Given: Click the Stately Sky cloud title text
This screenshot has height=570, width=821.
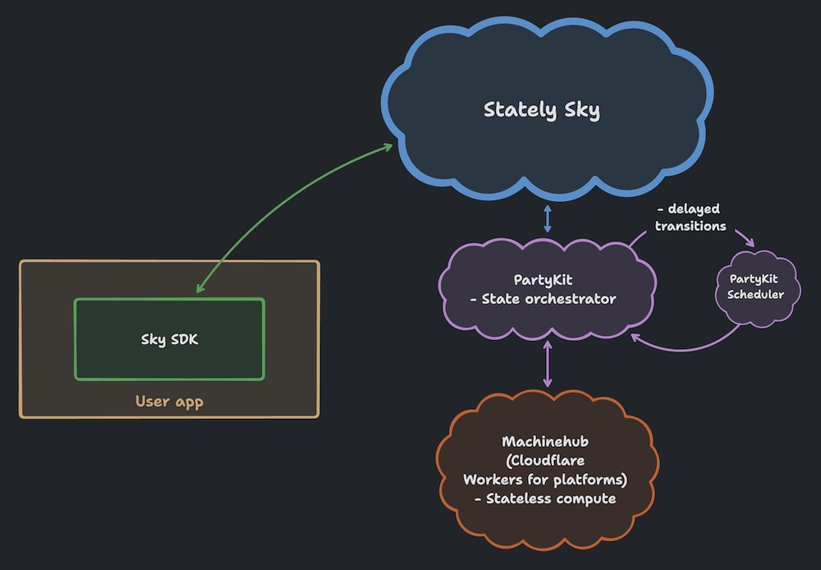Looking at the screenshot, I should (542, 110).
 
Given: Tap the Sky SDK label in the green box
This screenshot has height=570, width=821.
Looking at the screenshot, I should (169, 339).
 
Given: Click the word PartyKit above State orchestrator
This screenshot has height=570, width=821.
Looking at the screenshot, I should (542, 281).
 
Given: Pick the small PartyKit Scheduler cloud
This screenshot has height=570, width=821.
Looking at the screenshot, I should (756, 287).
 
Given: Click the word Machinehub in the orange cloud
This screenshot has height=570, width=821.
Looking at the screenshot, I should (545, 443).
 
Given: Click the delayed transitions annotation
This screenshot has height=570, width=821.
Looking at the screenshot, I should (690, 218).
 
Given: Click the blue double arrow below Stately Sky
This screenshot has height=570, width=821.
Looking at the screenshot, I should (548, 219).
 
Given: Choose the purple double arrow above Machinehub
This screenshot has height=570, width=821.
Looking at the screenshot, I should (548, 364).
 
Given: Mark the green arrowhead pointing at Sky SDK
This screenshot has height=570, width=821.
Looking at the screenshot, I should (200, 289).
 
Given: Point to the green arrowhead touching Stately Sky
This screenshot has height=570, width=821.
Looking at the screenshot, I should (388, 147).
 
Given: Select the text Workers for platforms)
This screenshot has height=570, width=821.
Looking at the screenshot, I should (545, 480).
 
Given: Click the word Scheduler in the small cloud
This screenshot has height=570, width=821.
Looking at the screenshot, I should (756, 295).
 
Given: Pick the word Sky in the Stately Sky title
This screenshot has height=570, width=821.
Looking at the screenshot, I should (582, 110).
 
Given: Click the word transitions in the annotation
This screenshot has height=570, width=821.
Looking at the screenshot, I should (690, 226).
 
